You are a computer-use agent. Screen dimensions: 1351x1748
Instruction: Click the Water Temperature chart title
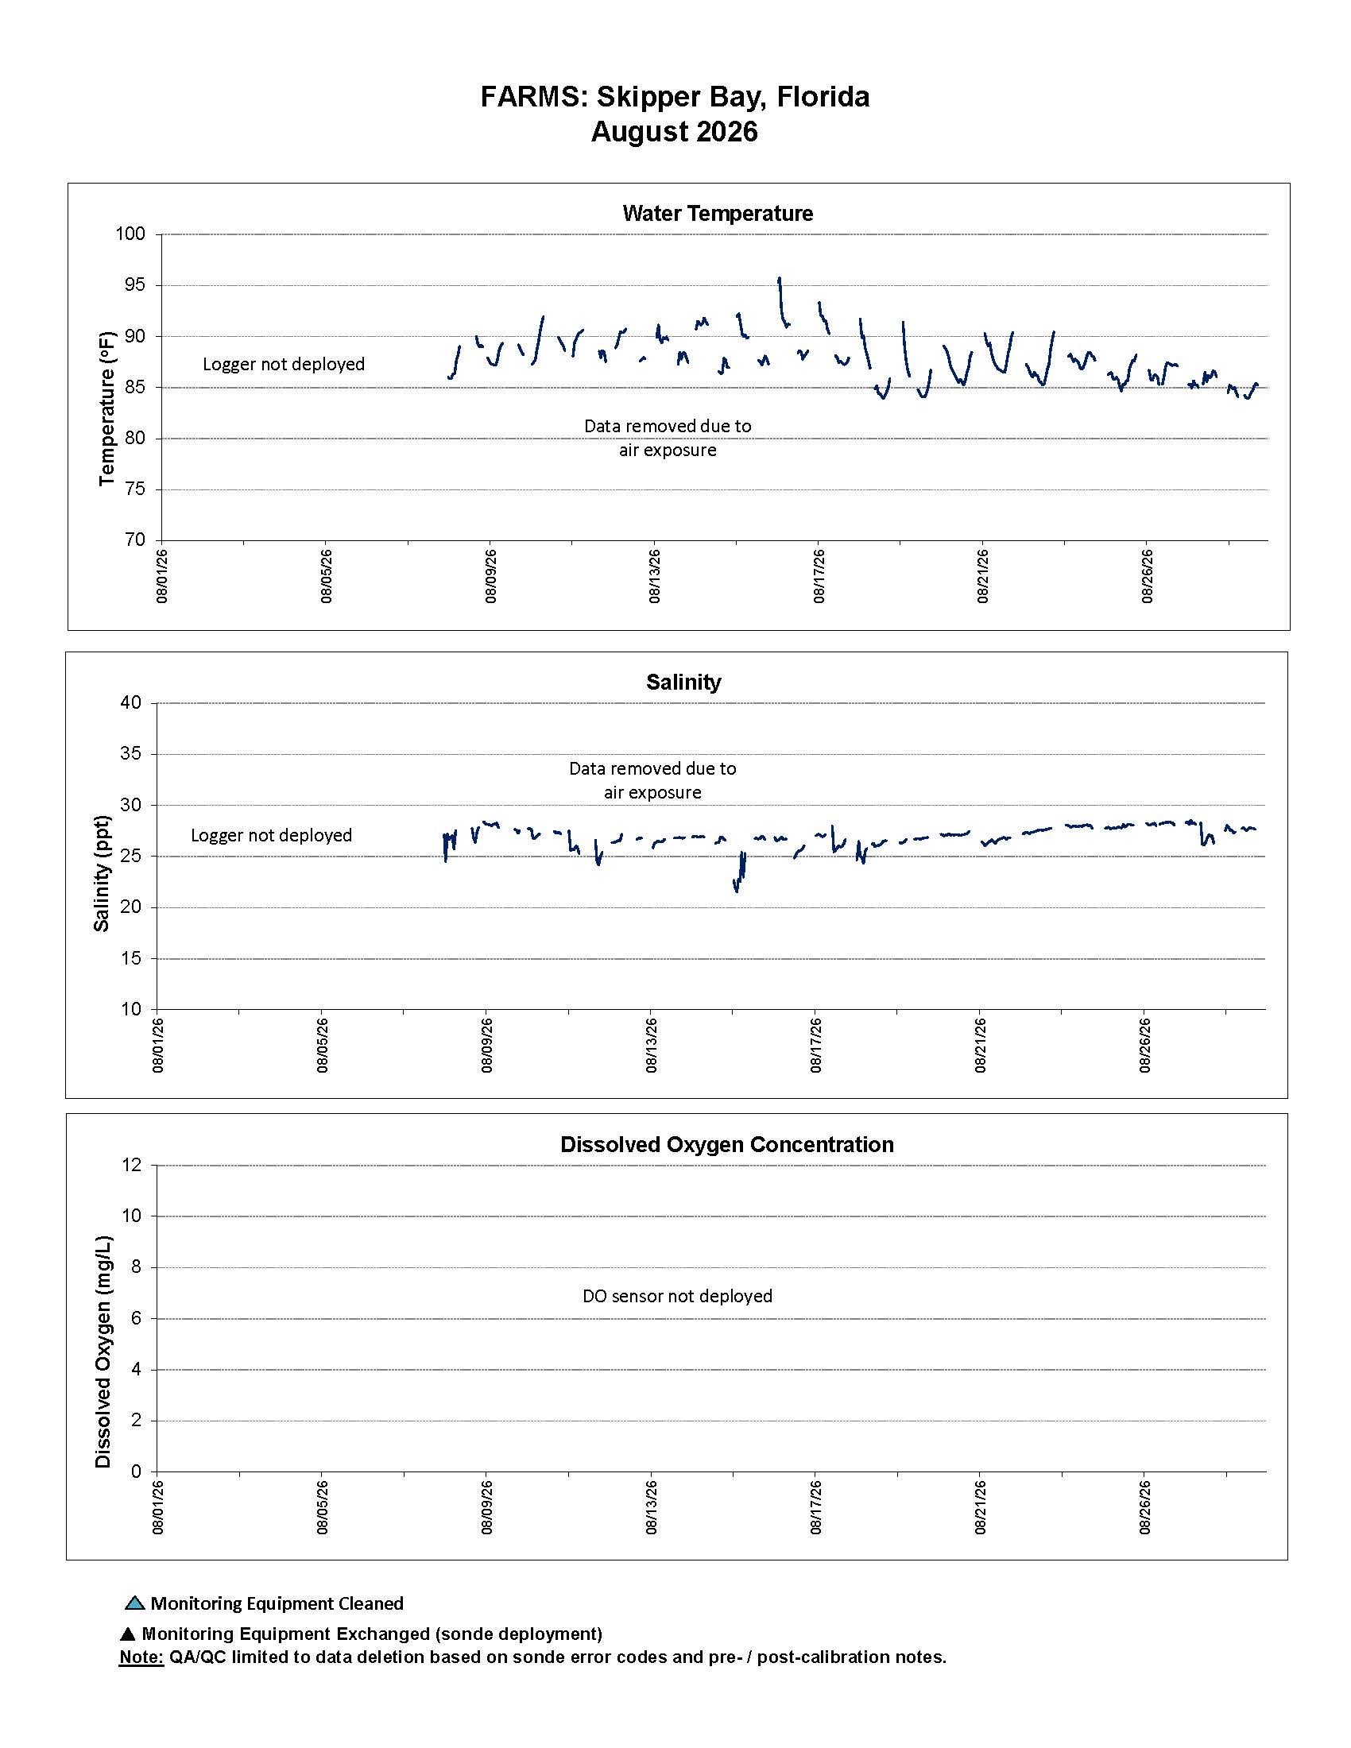(x=717, y=214)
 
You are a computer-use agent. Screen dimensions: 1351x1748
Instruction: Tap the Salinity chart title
(x=683, y=682)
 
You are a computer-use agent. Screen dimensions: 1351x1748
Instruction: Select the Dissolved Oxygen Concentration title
(x=726, y=1144)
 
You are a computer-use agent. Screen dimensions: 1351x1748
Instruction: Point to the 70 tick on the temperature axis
(x=134, y=539)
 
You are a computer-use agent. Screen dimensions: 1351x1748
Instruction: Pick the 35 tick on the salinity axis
(x=130, y=753)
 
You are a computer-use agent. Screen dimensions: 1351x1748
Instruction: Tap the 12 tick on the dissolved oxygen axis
(x=131, y=1165)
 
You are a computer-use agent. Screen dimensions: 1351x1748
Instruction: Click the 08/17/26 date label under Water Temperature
(x=819, y=575)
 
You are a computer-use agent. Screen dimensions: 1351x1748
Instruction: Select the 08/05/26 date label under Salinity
(x=323, y=1045)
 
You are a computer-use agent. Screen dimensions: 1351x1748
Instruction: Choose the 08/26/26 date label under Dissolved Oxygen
(x=1145, y=1507)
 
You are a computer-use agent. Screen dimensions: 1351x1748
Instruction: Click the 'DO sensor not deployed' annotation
(x=677, y=1296)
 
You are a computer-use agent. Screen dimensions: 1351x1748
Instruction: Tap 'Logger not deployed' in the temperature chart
(x=284, y=364)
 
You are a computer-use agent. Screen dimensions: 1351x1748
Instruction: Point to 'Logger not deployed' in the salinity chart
(x=271, y=835)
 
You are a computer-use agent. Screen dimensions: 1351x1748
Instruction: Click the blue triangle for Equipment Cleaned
(x=134, y=1603)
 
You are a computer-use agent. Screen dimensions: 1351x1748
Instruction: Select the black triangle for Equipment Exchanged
(x=127, y=1634)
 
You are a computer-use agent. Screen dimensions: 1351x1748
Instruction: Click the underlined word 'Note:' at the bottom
(x=141, y=1657)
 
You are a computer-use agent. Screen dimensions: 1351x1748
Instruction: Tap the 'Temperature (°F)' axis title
(x=106, y=408)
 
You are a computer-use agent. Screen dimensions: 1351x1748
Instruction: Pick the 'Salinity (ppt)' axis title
(x=101, y=874)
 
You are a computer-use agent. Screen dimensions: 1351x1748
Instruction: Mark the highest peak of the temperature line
(x=779, y=279)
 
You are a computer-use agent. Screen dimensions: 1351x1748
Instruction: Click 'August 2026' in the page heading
(x=674, y=131)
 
